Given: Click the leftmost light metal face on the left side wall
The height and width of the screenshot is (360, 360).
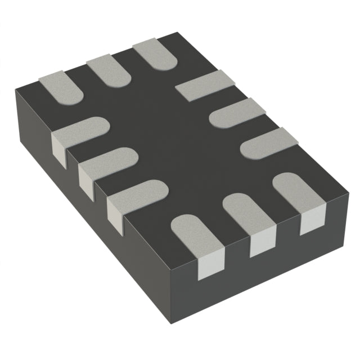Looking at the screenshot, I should coord(58,146).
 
